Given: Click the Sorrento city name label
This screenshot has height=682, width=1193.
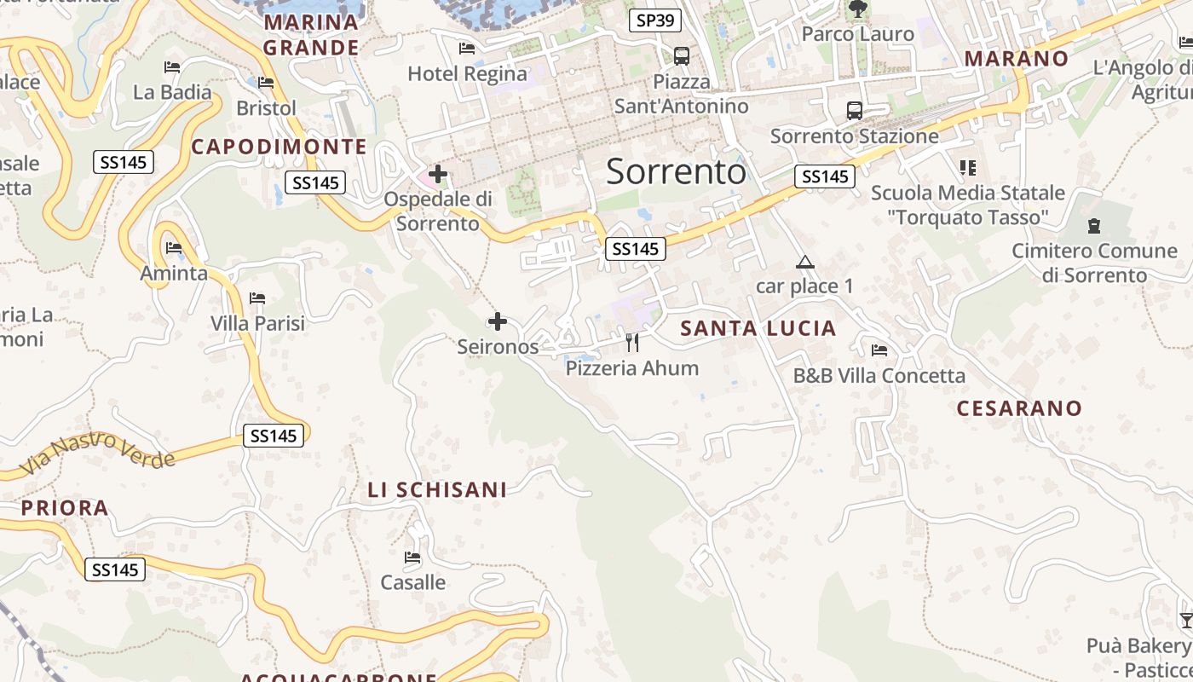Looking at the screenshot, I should [676, 172].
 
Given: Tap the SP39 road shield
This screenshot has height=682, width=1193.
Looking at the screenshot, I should [655, 20].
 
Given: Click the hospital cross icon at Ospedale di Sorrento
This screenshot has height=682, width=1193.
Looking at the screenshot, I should [438, 175].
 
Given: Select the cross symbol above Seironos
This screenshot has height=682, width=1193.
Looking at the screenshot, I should [498, 322].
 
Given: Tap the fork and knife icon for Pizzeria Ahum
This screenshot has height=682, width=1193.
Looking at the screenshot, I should [632, 343].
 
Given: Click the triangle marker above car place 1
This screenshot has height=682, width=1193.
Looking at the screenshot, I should [804, 263].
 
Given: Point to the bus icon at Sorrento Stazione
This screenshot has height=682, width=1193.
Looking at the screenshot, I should [854, 111].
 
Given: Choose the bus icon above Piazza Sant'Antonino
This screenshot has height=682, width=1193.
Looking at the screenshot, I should [681, 56].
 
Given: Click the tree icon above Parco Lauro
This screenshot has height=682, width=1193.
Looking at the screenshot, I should [857, 9].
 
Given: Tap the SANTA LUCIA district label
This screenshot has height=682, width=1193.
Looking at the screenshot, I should [758, 328].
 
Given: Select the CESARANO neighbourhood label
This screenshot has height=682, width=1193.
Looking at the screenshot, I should [1019, 408].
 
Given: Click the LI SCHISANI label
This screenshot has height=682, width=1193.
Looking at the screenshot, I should [437, 490].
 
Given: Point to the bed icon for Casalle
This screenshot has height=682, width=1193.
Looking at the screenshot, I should [413, 558].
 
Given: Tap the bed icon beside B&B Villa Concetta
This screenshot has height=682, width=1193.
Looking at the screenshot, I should [879, 350].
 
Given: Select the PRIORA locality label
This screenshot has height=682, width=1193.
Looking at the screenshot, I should [65, 509].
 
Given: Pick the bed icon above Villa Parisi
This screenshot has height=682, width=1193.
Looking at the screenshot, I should [257, 298].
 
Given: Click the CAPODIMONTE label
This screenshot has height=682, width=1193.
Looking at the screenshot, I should [279, 147].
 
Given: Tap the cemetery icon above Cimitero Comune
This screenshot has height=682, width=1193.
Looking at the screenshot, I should [1094, 226].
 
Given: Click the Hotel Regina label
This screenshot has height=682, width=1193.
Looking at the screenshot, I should [467, 73].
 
